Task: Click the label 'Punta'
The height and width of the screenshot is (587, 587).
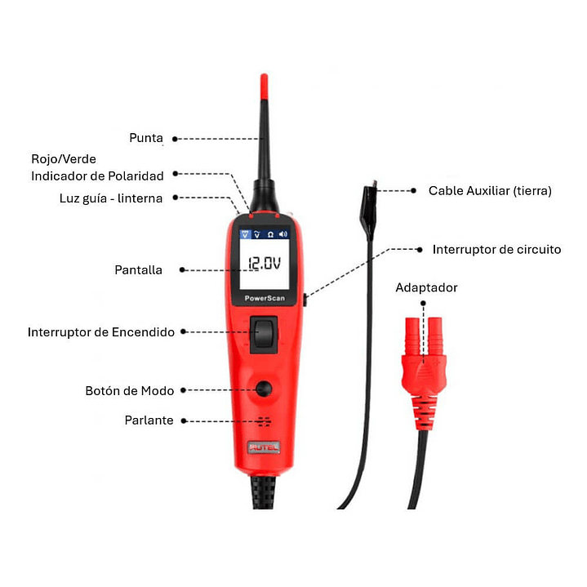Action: pyautogui.click(x=146, y=138)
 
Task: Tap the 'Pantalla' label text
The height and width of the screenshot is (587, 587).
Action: pyautogui.click(x=138, y=270)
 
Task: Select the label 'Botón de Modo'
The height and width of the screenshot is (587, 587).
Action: pyautogui.click(x=130, y=391)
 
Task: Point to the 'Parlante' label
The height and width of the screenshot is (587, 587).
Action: pyautogui.click(x=149, y=420)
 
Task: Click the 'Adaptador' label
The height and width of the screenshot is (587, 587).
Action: pyautogui.click(x=426, y=287)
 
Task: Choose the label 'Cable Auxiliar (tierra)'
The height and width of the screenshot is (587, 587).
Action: pyautogui.click(x=490, y=191)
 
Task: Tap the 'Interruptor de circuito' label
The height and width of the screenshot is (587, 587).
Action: pyautogui.click(x=496, y=250)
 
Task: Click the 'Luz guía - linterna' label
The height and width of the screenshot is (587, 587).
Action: pyautogui.click(x=111, y=198)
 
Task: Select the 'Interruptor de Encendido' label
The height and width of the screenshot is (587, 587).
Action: pyautogui.click(x=101, y=332)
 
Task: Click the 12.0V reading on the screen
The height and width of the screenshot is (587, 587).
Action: pyautogui.click(x=265, y=264)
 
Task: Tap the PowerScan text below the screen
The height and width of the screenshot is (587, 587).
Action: pyautogui.click(x=265, y=298)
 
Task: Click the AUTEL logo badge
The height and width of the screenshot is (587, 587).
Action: pyautogui.click(x=264, y=447)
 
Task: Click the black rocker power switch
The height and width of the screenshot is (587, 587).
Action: pyautogui.click(x=264, y=335)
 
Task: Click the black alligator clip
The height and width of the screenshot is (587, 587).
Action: pyautogui.click(x=369, y=210)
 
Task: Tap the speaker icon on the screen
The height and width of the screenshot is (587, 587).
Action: pyautogui.click(x=283, y=234)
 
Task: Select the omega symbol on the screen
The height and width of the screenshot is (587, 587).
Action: pyautogui.click(x=270, y=235)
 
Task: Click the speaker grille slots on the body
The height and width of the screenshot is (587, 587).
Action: pyautogui.click(x=265, y=421)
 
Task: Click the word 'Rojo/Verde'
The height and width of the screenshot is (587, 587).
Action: pyautogui.click(x=64, y=159)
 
